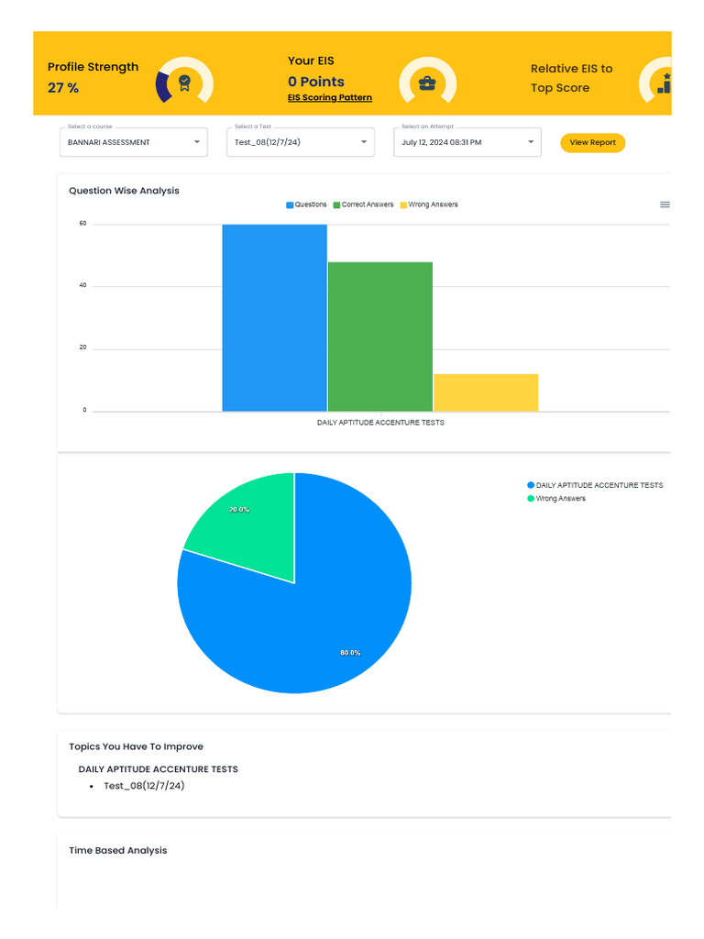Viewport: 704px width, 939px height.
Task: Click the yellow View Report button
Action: point(592,142)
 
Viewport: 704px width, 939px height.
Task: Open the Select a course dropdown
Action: point(134,142)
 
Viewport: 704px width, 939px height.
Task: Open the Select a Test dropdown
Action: point(301,142)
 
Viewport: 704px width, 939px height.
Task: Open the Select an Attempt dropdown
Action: point(467,142)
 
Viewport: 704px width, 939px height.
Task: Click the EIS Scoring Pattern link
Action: point(330,97)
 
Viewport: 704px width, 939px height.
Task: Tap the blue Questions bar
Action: point(275,318)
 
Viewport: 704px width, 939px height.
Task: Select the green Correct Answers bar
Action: point(380,337)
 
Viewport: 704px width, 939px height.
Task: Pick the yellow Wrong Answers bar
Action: point(486,392)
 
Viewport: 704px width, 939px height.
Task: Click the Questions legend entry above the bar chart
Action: point(306,204)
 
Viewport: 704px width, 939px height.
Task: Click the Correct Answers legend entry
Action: point(363,204)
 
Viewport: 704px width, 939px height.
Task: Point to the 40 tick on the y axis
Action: point(82,285)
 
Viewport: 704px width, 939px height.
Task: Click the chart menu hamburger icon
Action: point(665,204)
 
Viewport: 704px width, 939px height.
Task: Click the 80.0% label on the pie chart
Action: point(350,653)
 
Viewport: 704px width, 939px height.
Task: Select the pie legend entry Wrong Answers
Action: point(556,498)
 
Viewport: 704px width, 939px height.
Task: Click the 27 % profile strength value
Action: point(63,88)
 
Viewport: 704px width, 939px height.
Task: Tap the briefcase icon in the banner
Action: point(427,83)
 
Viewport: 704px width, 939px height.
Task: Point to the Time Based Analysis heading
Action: point(118,850)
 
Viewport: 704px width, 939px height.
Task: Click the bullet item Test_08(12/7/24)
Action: point(144,786)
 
